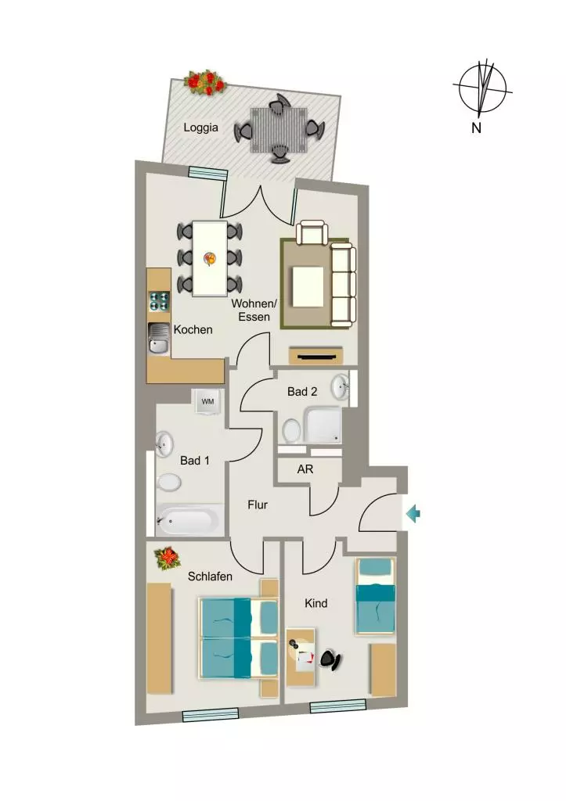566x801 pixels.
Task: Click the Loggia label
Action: [x=200, y=128]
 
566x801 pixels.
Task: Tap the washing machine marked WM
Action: [x=207, y=401]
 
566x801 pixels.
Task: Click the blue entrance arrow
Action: [x=413, y=513]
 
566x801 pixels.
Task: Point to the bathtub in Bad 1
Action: [x=189, y=520]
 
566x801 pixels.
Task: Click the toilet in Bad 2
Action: [x=292, y=430]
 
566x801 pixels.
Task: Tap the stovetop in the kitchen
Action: [x=159, y=301]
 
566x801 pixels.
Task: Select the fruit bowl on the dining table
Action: [x=210, y=258]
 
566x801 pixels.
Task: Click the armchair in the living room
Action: [x=312, y=233]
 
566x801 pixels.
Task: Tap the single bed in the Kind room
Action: [x=376, y=596]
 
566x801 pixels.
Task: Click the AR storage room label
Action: [x=305, y=469]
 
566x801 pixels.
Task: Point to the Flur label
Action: [x=258, y=505]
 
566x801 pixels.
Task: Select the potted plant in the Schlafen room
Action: [x=168, y=559]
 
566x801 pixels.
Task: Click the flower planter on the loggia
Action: [x=206, y=82]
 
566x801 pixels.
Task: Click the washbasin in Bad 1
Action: [x=164, y=444]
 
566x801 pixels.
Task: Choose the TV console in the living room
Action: [x=315, y=356]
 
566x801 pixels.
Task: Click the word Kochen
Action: [x=193, y=329]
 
